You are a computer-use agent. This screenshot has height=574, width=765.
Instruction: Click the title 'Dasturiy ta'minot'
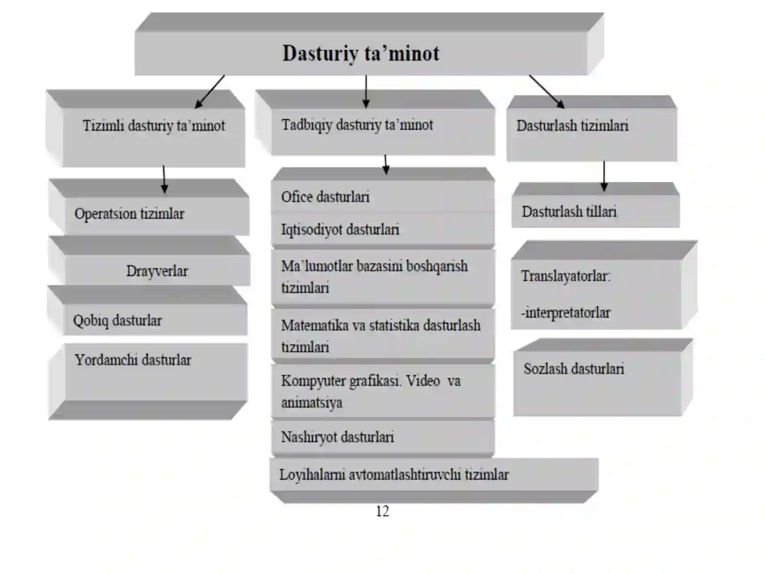point(361,53)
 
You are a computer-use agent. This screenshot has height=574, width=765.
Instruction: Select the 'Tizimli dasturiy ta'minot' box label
point(153,126)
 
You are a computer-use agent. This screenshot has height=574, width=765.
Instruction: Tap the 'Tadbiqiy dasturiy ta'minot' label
point(357,125)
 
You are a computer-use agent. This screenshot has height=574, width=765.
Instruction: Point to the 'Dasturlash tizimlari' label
point(572,126)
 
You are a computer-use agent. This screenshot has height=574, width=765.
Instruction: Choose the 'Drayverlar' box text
point(157,271)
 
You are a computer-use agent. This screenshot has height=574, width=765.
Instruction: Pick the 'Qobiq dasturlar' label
point(118,320)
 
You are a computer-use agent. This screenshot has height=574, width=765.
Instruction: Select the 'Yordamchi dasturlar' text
point(133,360)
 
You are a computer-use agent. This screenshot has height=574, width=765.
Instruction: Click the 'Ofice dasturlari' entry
point(325,197)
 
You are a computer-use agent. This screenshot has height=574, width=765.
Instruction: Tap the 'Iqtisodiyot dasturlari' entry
point(340,230)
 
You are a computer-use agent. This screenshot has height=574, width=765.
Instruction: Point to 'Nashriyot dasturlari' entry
point(338,437)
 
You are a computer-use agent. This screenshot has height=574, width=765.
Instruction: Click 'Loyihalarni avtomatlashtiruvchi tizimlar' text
point(394,475)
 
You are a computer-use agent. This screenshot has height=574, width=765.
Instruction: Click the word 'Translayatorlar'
point(565,276)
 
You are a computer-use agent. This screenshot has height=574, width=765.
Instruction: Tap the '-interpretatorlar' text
point(565,313)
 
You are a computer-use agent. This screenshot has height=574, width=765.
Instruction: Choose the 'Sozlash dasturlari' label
point(574,369)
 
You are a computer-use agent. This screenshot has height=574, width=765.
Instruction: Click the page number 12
point(382,511)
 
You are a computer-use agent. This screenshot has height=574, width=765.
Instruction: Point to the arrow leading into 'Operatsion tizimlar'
point(164,179)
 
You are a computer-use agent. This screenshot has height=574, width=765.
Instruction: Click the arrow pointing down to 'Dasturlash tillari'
point(604,176)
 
